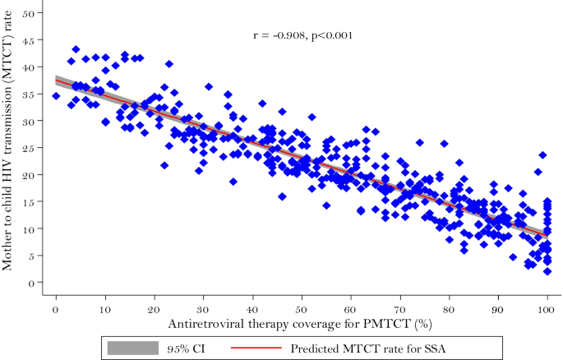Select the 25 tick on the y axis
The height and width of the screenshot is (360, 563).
[x=30, y=149]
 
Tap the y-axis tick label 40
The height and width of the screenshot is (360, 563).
[x=30, y=68]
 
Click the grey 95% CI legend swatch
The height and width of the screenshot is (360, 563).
[x=130, y=348]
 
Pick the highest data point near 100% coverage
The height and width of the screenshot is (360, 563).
[x=542, y=155]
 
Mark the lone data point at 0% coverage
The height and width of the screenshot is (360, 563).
[x=56, y=96]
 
